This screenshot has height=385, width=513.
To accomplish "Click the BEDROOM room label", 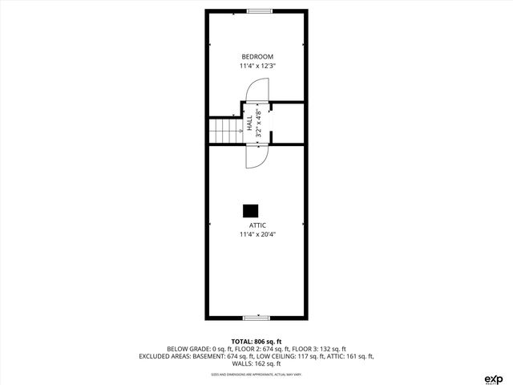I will tap(256, 56).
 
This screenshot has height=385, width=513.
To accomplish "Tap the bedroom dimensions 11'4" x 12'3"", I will tap(256, 66).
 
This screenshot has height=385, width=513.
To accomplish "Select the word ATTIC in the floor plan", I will tap(256, 225).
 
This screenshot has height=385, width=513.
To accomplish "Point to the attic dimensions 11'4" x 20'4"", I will tap(256, 235).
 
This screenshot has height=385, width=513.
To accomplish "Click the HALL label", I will tap(249, 124).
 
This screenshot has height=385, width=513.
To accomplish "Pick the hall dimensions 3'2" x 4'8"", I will tap(258, 124).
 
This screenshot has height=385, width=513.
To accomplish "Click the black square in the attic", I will tap(251, 210).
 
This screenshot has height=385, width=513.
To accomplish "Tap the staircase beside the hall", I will tap(225, 130).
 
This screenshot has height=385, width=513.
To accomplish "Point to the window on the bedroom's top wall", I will tap(258, 10).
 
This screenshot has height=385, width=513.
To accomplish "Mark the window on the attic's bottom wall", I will tap(256, 318).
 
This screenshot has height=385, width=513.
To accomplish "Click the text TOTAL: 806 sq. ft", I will tap(256, 342).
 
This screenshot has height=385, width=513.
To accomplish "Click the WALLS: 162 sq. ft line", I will tap(256, 363).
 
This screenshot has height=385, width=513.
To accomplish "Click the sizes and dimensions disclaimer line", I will tap(256, 374).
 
